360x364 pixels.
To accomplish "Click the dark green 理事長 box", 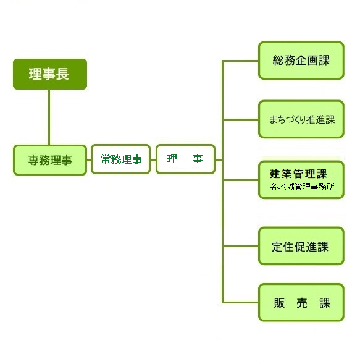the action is [50, 74].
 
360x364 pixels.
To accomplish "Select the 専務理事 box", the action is [50, 160].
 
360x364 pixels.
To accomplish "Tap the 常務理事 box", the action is [120, 159].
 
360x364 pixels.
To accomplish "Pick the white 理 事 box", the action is [185, 159].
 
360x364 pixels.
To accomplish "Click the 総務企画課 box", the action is [301, 61].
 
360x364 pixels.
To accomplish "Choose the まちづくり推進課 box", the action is [301, 119].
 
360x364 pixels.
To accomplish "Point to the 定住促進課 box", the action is [301, 246].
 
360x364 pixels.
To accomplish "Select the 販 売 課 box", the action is [301, 302].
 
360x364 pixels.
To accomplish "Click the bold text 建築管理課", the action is [298, 174].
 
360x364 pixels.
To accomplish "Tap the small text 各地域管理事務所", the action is [302, 187].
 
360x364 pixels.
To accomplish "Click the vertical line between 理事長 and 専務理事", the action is [49, 117].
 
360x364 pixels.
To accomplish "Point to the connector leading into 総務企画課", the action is [240, 61].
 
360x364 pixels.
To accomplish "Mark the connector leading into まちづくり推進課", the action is [240, 120].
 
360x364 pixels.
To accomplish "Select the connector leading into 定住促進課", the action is [240, 246].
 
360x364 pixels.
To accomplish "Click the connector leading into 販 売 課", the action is [240, 302].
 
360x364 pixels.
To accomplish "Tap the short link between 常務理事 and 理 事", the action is [153, 160].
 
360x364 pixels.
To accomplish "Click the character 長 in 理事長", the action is [62, 74].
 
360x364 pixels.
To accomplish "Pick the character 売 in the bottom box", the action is [302, 303].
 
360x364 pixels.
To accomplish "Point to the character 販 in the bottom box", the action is [279, 303].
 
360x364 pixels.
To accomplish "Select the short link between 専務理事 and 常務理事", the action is [89, 160].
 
